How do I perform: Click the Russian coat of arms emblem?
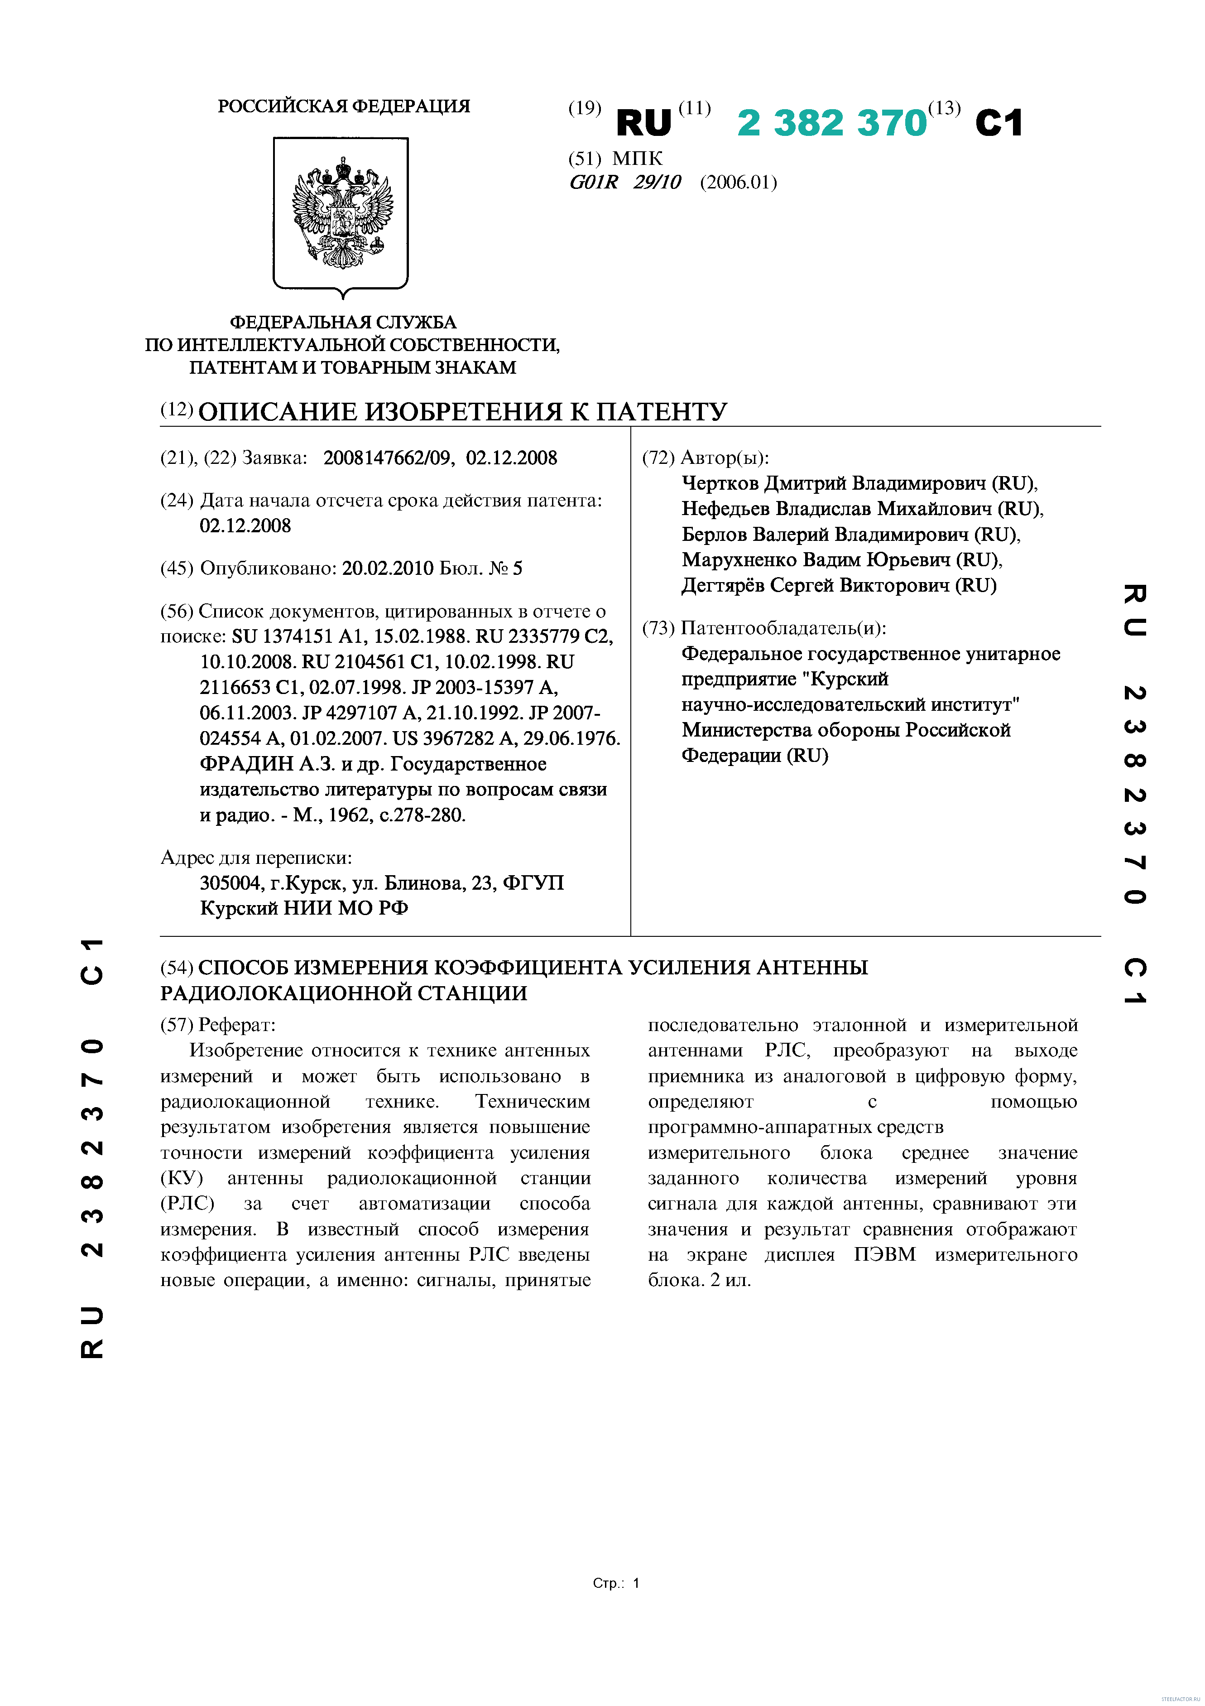[x=341, y=213]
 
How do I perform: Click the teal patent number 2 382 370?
[x=831, y=123]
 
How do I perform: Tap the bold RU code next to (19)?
[x=643, y=123]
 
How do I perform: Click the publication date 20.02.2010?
[x=387, y=569]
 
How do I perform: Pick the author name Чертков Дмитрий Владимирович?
[x=834, y=484]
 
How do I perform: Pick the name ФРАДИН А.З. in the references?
[x=268, y=764]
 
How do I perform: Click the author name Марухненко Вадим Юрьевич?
[x=816, y=560]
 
